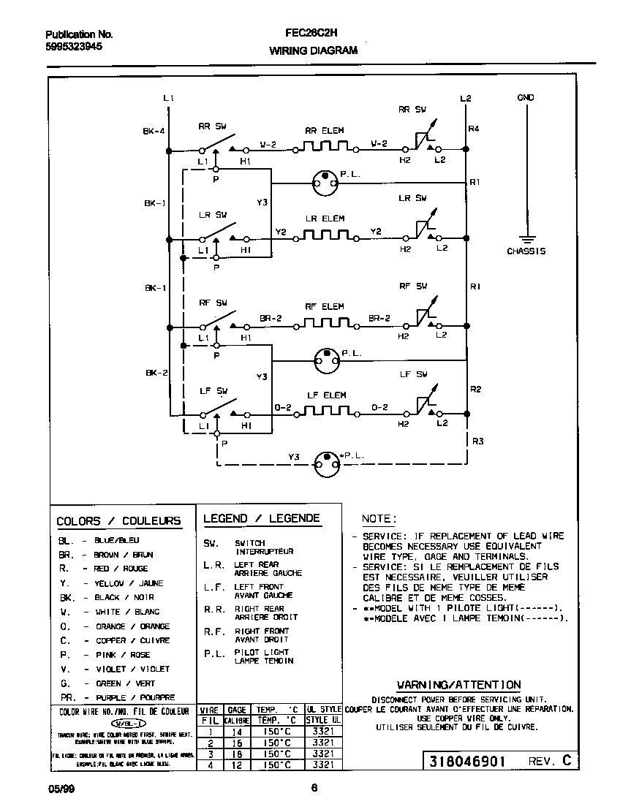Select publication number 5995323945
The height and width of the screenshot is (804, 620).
click(74, 46)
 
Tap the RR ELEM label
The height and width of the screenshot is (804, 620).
click(324, 131)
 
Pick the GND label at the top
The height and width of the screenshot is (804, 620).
click(526, 97)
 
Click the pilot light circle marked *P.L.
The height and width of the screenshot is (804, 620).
click(325, 461)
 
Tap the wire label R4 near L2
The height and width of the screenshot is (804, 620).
click(474, 129)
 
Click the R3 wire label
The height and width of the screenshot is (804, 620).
click(478, 441)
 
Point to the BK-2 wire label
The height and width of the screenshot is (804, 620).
click(156, 373)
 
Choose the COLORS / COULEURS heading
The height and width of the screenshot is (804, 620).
click(118, 521)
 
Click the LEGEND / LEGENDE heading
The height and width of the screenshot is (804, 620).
click(261, 518)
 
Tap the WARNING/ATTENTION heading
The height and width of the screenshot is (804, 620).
click(458, 685)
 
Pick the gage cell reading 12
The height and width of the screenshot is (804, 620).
click(236, 765)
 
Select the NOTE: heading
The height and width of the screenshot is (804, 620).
click(379, 518)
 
